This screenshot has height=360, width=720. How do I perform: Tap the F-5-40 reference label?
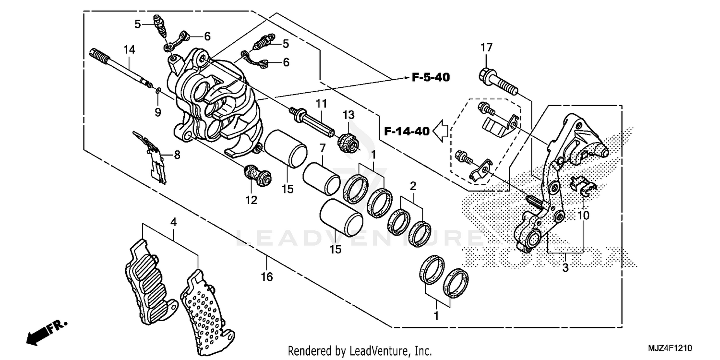click(430, 77)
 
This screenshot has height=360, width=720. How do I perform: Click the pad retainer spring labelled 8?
click(155, 158)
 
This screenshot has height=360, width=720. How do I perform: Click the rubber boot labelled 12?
click(256, 175)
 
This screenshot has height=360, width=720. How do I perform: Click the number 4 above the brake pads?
click(173, 222)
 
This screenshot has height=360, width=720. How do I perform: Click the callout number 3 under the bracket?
click(565, 268)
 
